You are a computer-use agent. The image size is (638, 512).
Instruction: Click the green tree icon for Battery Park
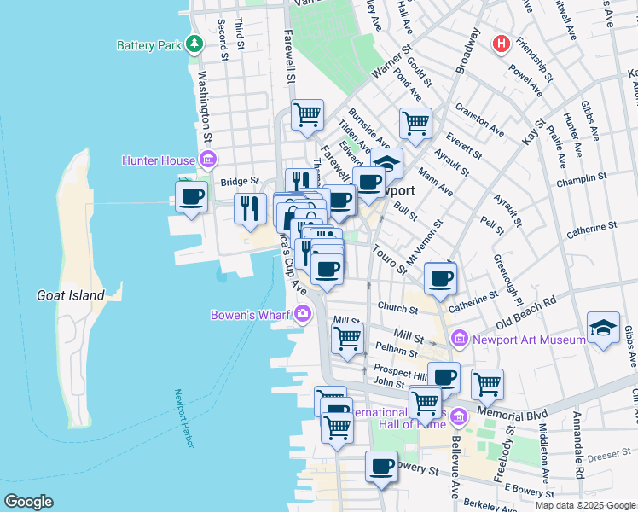[x=195, y=44]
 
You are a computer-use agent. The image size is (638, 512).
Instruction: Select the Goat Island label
[x=70, y=296]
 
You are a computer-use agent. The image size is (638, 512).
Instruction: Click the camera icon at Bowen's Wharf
[x=304, y=316]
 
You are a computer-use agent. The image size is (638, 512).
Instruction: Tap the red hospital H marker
[x=502, y=42]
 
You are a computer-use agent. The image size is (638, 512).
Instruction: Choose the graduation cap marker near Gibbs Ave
[x=603, y=329]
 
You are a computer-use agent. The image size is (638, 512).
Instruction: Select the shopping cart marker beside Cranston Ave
[x=415, y=122]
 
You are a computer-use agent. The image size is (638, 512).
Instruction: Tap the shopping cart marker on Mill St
[x=347, y=338]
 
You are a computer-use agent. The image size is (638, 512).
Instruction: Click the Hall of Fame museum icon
[x=459, y=417]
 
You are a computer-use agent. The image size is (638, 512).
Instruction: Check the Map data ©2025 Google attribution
[x=585, y=505]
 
